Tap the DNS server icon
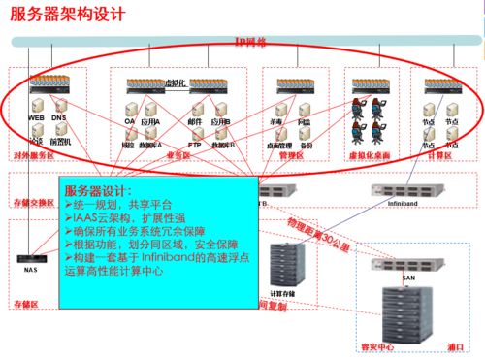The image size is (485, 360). [x=59, y=104]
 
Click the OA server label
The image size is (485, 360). [x=129, y=122]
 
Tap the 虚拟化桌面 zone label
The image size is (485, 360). [x=369, y=155]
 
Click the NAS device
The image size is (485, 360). [x=30, y=259]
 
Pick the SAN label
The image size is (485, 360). [x=408, y=277]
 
